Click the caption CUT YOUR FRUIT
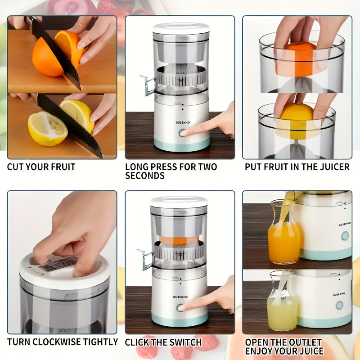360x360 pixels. coord(41,167)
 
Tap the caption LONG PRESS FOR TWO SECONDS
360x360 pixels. coord(171,171)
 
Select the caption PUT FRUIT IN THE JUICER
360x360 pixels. coord(297,167)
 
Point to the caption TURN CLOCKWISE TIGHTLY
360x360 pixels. coord(63,342)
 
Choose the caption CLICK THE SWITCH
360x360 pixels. coord(163,342)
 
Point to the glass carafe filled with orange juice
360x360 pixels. coord(283,234)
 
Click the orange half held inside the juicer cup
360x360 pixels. coord(301,58)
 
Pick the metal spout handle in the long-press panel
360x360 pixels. coord(148,86)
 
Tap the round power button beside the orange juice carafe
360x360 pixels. coord(345,236)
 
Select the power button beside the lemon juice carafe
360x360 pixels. coord(339,305)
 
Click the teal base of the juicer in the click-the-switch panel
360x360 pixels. coord(180,320)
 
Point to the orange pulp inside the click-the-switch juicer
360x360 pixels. coord(180,240)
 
